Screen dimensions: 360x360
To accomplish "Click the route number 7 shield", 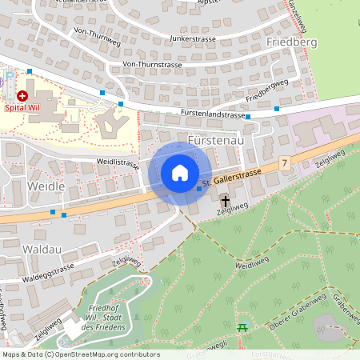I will point(284,162).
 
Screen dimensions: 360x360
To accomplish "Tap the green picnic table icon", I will point(242,327).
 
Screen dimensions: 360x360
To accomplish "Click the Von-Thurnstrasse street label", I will point(153,64).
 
